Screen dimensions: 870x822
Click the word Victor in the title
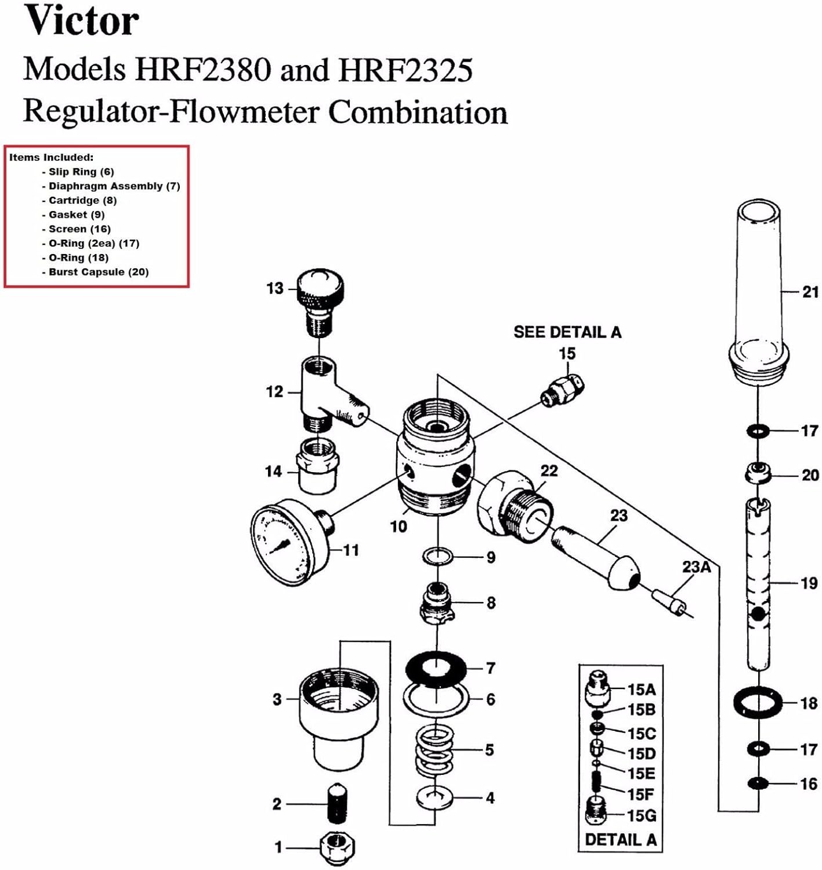point(81,21)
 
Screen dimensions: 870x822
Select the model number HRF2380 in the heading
point(203,70)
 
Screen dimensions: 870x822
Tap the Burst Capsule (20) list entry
point(98,272)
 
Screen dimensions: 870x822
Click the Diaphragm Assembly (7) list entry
point(114,186)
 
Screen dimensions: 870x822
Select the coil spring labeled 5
point(434,751)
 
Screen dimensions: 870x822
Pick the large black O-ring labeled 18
point(758,702)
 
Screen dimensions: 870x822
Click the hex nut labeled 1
point(338,847)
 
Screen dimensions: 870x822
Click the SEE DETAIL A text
point(567,332)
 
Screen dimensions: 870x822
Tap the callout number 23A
point(696,567)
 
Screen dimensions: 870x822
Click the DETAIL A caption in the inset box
point(620,839)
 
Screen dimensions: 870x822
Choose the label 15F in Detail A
point(640,794)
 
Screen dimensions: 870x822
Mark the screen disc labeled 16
point(758,784)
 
